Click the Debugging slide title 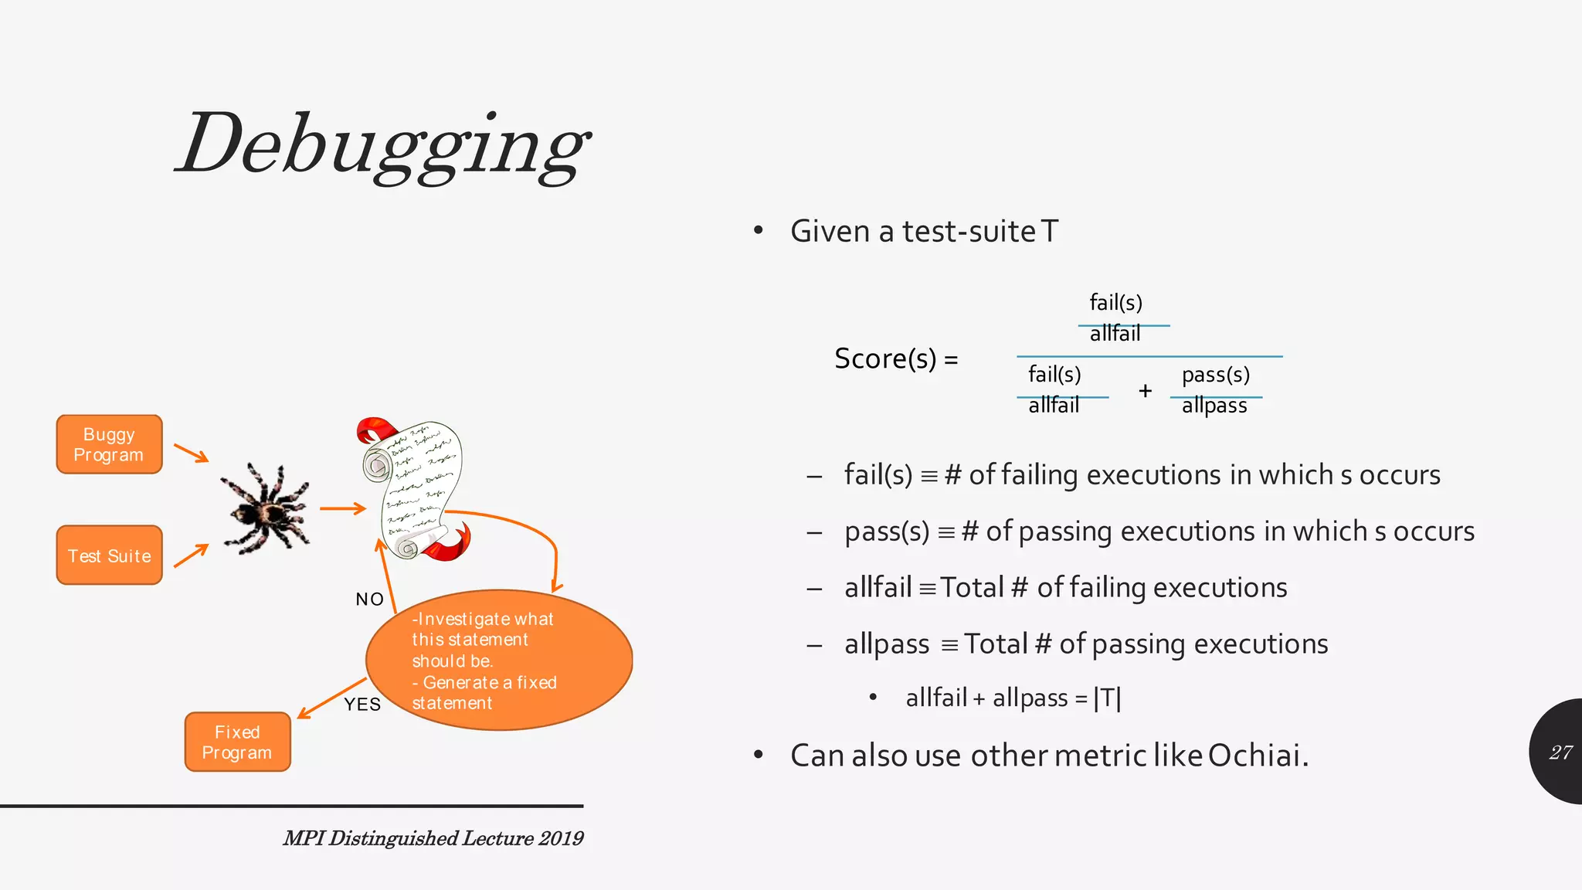point(382,145)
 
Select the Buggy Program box point(109,444)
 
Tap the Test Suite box point(109,555)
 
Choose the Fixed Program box point(237,742)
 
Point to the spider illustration point(266,508)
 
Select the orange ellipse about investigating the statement point(499,661)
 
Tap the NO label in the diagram point(369,599)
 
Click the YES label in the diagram point(362,704)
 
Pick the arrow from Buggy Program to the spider point(191,453)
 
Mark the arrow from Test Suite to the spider point(191,555)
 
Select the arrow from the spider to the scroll point(342,508)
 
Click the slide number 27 point(1560,752)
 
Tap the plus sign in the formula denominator point(1145,391)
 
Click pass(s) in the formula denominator point(1215,375)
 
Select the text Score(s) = point(896,358)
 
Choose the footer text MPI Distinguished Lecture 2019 point(433,838)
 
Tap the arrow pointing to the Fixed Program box point(331,698)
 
